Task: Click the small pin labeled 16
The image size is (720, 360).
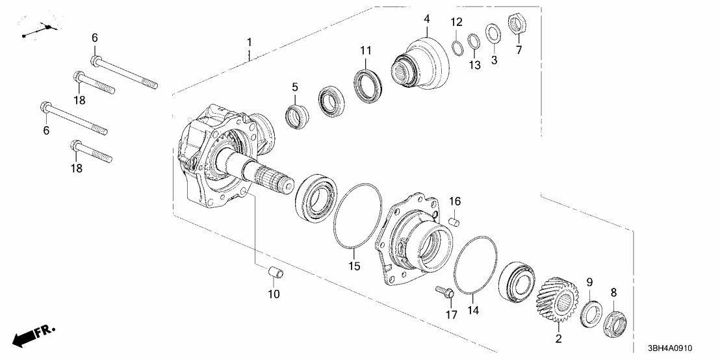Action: coord(455,222)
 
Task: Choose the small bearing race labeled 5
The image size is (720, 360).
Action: coord(297,115)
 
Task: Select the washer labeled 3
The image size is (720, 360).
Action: coord(494,32)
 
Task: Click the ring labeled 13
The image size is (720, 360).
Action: coord(474,41)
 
